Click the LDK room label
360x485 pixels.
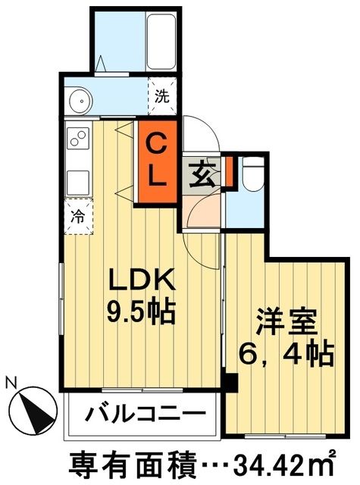[144, 281]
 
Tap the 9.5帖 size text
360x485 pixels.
[144, 310]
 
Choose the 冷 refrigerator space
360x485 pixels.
[77, 215]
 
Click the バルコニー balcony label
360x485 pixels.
[144, 415]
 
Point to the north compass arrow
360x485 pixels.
[33, 410]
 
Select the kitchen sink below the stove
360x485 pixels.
[77, 182]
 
